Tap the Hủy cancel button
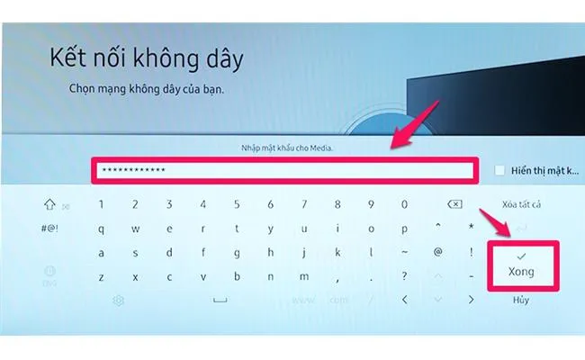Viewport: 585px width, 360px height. [520, 299]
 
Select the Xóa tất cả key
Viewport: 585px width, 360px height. [520, 205]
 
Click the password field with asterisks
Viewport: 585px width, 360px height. [284, 169]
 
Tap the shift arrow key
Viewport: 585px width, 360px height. [49, 205]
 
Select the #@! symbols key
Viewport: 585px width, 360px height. [50, 229]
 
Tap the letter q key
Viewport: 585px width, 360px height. [101, 229]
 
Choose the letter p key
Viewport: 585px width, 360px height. [403, 229]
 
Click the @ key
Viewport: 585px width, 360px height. [437, 252]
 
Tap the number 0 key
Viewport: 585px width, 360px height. [403, 205]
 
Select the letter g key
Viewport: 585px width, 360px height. [236, 252]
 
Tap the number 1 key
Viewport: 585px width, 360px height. [101, 205]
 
